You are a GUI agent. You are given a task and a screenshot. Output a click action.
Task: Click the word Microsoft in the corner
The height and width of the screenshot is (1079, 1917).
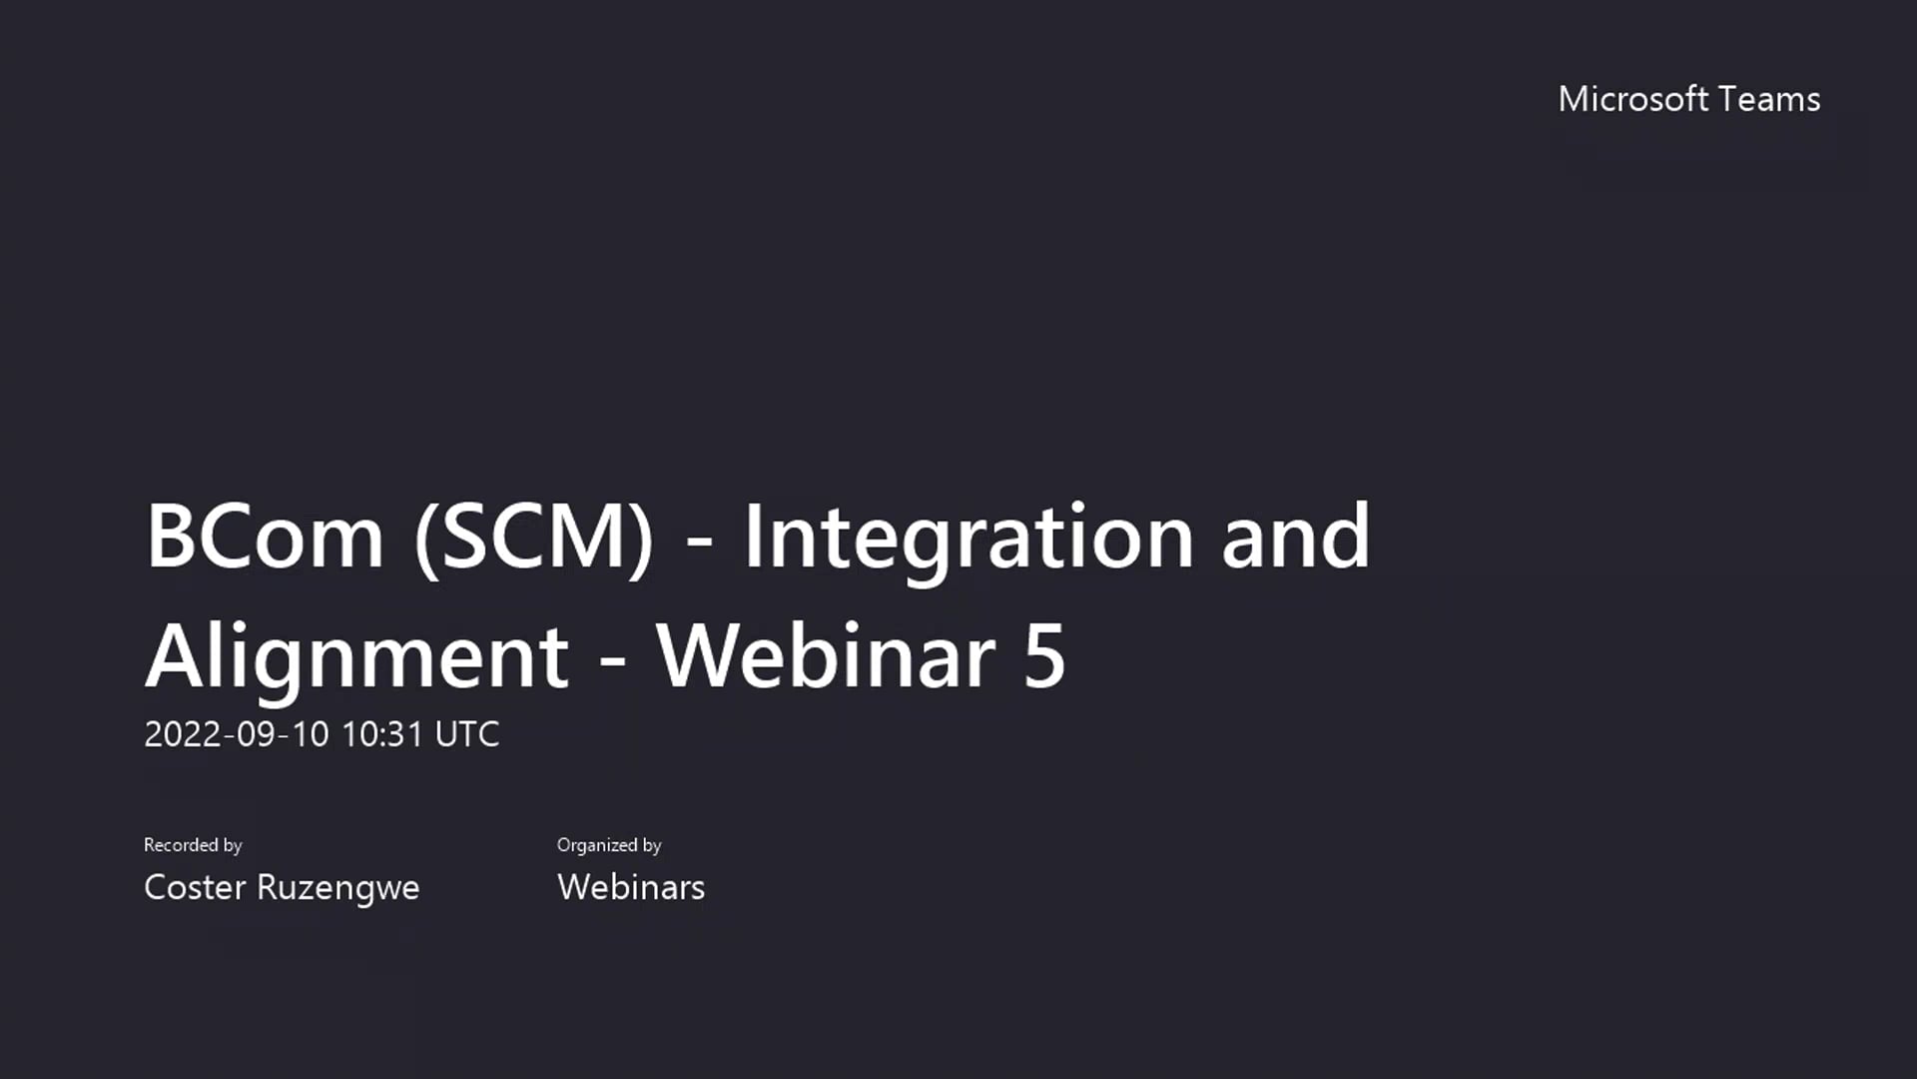(x=1633, y=99)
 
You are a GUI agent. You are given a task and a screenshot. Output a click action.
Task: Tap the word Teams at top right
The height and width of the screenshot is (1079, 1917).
(x=1770, y=99)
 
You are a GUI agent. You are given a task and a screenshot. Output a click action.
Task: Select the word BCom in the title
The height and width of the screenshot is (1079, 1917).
(x=265, y=537)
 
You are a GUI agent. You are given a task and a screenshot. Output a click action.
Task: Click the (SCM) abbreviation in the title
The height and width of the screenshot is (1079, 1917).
(x=533, y=537)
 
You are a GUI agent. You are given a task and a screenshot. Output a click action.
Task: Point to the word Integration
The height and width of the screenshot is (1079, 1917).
(x=968, y=537)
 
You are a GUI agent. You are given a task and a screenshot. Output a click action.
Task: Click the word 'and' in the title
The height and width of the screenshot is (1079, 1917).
(x=1296, y=537)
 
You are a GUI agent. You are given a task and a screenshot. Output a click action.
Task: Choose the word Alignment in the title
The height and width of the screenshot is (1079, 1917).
(x=357, y=656)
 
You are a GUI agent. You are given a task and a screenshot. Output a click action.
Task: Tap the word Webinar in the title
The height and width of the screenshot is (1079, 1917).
(x=827, y=656)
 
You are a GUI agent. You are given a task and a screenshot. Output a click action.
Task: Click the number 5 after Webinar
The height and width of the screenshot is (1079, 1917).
(x=1044, y=656)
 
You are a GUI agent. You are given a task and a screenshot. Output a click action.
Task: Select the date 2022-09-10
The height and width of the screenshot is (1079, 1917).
(x=236, y=734)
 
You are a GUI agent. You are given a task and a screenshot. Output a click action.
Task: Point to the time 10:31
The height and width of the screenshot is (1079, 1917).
(x=382, y=734)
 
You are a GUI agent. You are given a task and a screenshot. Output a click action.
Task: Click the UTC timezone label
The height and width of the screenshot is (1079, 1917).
(x=467, y=734)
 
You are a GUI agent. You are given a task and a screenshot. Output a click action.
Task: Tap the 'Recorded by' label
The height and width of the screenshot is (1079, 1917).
(x=193, y=845)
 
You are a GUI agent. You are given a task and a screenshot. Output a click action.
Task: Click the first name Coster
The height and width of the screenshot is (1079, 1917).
(x=195, y=887)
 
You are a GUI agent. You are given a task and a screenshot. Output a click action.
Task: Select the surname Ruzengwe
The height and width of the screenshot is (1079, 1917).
(x=337, y=887)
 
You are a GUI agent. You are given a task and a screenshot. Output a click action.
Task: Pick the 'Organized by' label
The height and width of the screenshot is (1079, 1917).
(x=609, y=845)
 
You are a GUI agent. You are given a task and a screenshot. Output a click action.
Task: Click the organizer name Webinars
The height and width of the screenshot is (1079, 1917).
(x=631, y=887)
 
